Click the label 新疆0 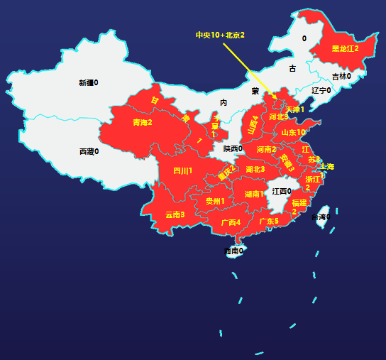click(x=89, y=82)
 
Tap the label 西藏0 click(x=89, y=151)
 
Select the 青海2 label click(x=143, y=122)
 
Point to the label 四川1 click(x=183, y=170)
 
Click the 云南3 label click(x=175, y=214)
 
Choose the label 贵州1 click(x=215, y=201)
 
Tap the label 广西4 click(x=231, y=222)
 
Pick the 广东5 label click(x=269, y=222)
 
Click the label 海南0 click(x=233, y=251)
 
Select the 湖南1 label click(x=254, y=194)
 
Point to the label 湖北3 click(x=255, y=169)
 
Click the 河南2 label click(x=267, y=149)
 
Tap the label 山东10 click(x=293, y=132)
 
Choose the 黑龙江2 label click(x=346, y=48)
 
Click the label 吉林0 click(x=341, y=76)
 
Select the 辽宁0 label click(x=321, y=90)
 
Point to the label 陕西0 click(x=233, y=148)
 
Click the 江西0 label click(x=282, y=191)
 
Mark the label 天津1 click(x=295, y=109)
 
